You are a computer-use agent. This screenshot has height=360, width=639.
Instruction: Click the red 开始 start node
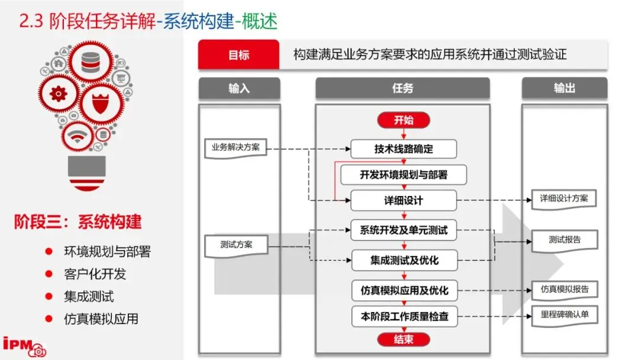click(404, 120)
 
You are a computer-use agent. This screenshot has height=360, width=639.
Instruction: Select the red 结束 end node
click(404, 339)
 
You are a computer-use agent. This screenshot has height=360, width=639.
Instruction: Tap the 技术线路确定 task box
click(404, 149)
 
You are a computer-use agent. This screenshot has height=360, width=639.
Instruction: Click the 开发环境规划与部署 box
click(404, 175)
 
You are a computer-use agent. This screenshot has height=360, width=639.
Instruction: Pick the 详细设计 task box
click(404, 200)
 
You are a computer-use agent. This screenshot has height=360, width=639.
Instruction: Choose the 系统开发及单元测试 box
click(404, 230)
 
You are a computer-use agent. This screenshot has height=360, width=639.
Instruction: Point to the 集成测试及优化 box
click(404, 260)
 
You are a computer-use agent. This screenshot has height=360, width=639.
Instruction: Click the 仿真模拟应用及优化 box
click(404, 290)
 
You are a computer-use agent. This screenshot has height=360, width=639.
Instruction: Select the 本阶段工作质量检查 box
click(404, 316)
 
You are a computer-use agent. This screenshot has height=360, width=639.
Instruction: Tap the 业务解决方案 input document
click(235, 147)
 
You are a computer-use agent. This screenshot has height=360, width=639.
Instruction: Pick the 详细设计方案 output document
click(564, 199)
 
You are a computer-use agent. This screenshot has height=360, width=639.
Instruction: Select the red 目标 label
click(238, 55)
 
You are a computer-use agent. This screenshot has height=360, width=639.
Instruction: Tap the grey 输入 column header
click(239, 88)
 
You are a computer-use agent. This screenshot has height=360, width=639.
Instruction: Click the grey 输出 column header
click(564, 88)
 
